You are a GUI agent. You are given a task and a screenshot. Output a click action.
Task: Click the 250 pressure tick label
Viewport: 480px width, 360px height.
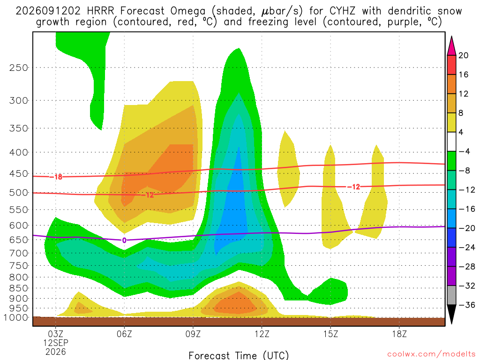19,67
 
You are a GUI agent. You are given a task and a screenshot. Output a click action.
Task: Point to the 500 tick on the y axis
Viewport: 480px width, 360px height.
19,193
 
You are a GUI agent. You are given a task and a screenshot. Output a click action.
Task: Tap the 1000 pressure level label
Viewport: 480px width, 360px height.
16,317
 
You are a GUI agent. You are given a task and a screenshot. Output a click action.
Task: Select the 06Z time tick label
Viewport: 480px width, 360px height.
124,334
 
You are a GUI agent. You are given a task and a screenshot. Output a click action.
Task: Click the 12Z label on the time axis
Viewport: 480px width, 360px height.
262,334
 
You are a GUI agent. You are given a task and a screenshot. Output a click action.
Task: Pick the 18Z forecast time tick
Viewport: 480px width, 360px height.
399,334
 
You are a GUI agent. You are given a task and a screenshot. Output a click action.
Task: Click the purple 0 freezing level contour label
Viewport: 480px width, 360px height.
124,240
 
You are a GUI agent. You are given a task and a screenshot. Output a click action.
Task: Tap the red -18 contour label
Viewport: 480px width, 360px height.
56,177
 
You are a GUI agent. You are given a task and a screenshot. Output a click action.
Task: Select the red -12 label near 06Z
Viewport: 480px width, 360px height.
148,195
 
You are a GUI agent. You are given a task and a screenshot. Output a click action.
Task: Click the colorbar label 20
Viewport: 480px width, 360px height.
463,55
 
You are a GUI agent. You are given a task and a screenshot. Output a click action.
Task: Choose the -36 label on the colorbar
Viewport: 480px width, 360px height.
466,305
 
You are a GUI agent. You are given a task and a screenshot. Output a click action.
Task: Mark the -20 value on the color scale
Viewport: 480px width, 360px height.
466,228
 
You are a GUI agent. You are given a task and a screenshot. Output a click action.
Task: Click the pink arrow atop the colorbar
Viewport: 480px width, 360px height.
451,45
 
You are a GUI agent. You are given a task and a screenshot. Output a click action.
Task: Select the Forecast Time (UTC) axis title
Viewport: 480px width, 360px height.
239,355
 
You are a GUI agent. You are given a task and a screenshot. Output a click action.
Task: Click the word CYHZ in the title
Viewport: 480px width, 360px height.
342,11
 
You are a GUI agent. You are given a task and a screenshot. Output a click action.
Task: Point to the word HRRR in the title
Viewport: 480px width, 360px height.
100,11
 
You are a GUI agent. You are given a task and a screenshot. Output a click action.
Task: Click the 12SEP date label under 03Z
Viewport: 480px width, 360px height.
56,343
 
